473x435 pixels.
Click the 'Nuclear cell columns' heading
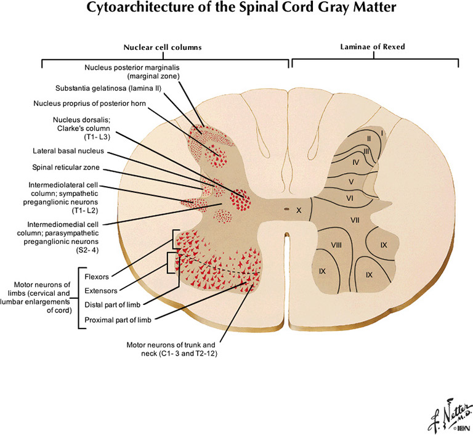point(163,47)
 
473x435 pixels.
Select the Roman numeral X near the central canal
point(299,210)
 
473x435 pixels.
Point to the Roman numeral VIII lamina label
point(336,245)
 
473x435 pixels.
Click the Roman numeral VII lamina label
point(354,221)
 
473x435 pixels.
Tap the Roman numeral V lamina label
point(350,182)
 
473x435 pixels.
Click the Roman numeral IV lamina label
point(355,162)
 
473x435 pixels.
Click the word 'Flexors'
point(97,276)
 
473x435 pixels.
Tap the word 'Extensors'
point(101,290)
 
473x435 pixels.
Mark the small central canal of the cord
point(286,209)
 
